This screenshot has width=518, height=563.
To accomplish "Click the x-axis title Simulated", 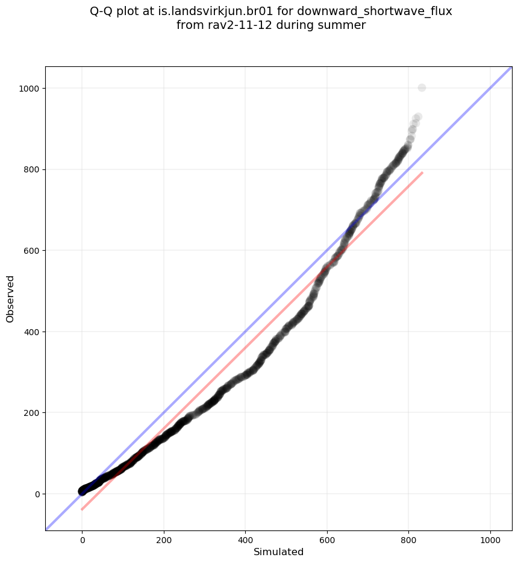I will (278, 552).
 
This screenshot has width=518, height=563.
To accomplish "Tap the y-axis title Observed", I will (10, 298).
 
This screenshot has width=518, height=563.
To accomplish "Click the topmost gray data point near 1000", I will (422, 88).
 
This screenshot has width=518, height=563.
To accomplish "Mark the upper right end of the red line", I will (422, 172).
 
